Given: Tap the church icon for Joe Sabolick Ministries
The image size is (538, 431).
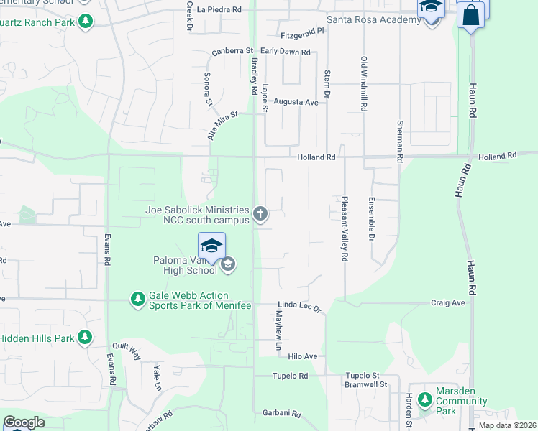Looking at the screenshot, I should tap(260, 213).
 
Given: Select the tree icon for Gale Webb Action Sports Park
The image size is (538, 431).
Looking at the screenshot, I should tap(137, 298).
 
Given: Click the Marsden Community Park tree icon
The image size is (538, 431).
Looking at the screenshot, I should tap(425, 399).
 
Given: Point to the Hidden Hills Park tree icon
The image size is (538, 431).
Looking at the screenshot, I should tap(85, 337).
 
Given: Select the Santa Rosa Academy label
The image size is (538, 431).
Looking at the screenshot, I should tap(373, 19).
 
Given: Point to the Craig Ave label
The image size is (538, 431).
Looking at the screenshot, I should tap(448, 303).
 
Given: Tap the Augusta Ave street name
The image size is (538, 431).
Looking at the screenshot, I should tap(296, 103).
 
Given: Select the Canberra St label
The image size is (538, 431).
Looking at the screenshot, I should tap(233, 52).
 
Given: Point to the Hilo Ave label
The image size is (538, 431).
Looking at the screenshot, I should tap(303, 356).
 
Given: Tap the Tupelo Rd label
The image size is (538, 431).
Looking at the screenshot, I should tap(290, 376).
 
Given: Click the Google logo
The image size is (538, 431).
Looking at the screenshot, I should tap(24, 422).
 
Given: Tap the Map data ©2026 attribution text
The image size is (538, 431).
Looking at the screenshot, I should tap(507, 425).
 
